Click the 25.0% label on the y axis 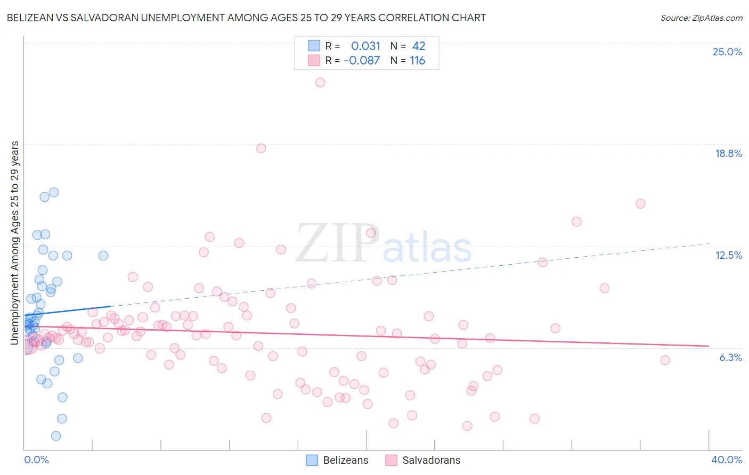(727, 52)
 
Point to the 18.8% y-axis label (728, 153)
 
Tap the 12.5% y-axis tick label (728, 255)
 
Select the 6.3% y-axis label (730, 357)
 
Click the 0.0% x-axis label (36, 460)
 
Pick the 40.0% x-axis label (726, 460)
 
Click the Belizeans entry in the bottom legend (345, 460)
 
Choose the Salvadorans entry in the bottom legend (431, 460)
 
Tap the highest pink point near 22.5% (320, 83)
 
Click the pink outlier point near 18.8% (261, 149)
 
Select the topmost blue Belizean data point (54, 192)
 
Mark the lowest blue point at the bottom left (56, 436)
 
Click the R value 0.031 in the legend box (365, 46)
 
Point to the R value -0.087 (362, 60)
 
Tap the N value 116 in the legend (417, 60)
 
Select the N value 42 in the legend (419, 46)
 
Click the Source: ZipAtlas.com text (701, 18)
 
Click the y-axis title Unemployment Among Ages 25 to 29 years (15, 243)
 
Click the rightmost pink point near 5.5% (665, 360)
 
